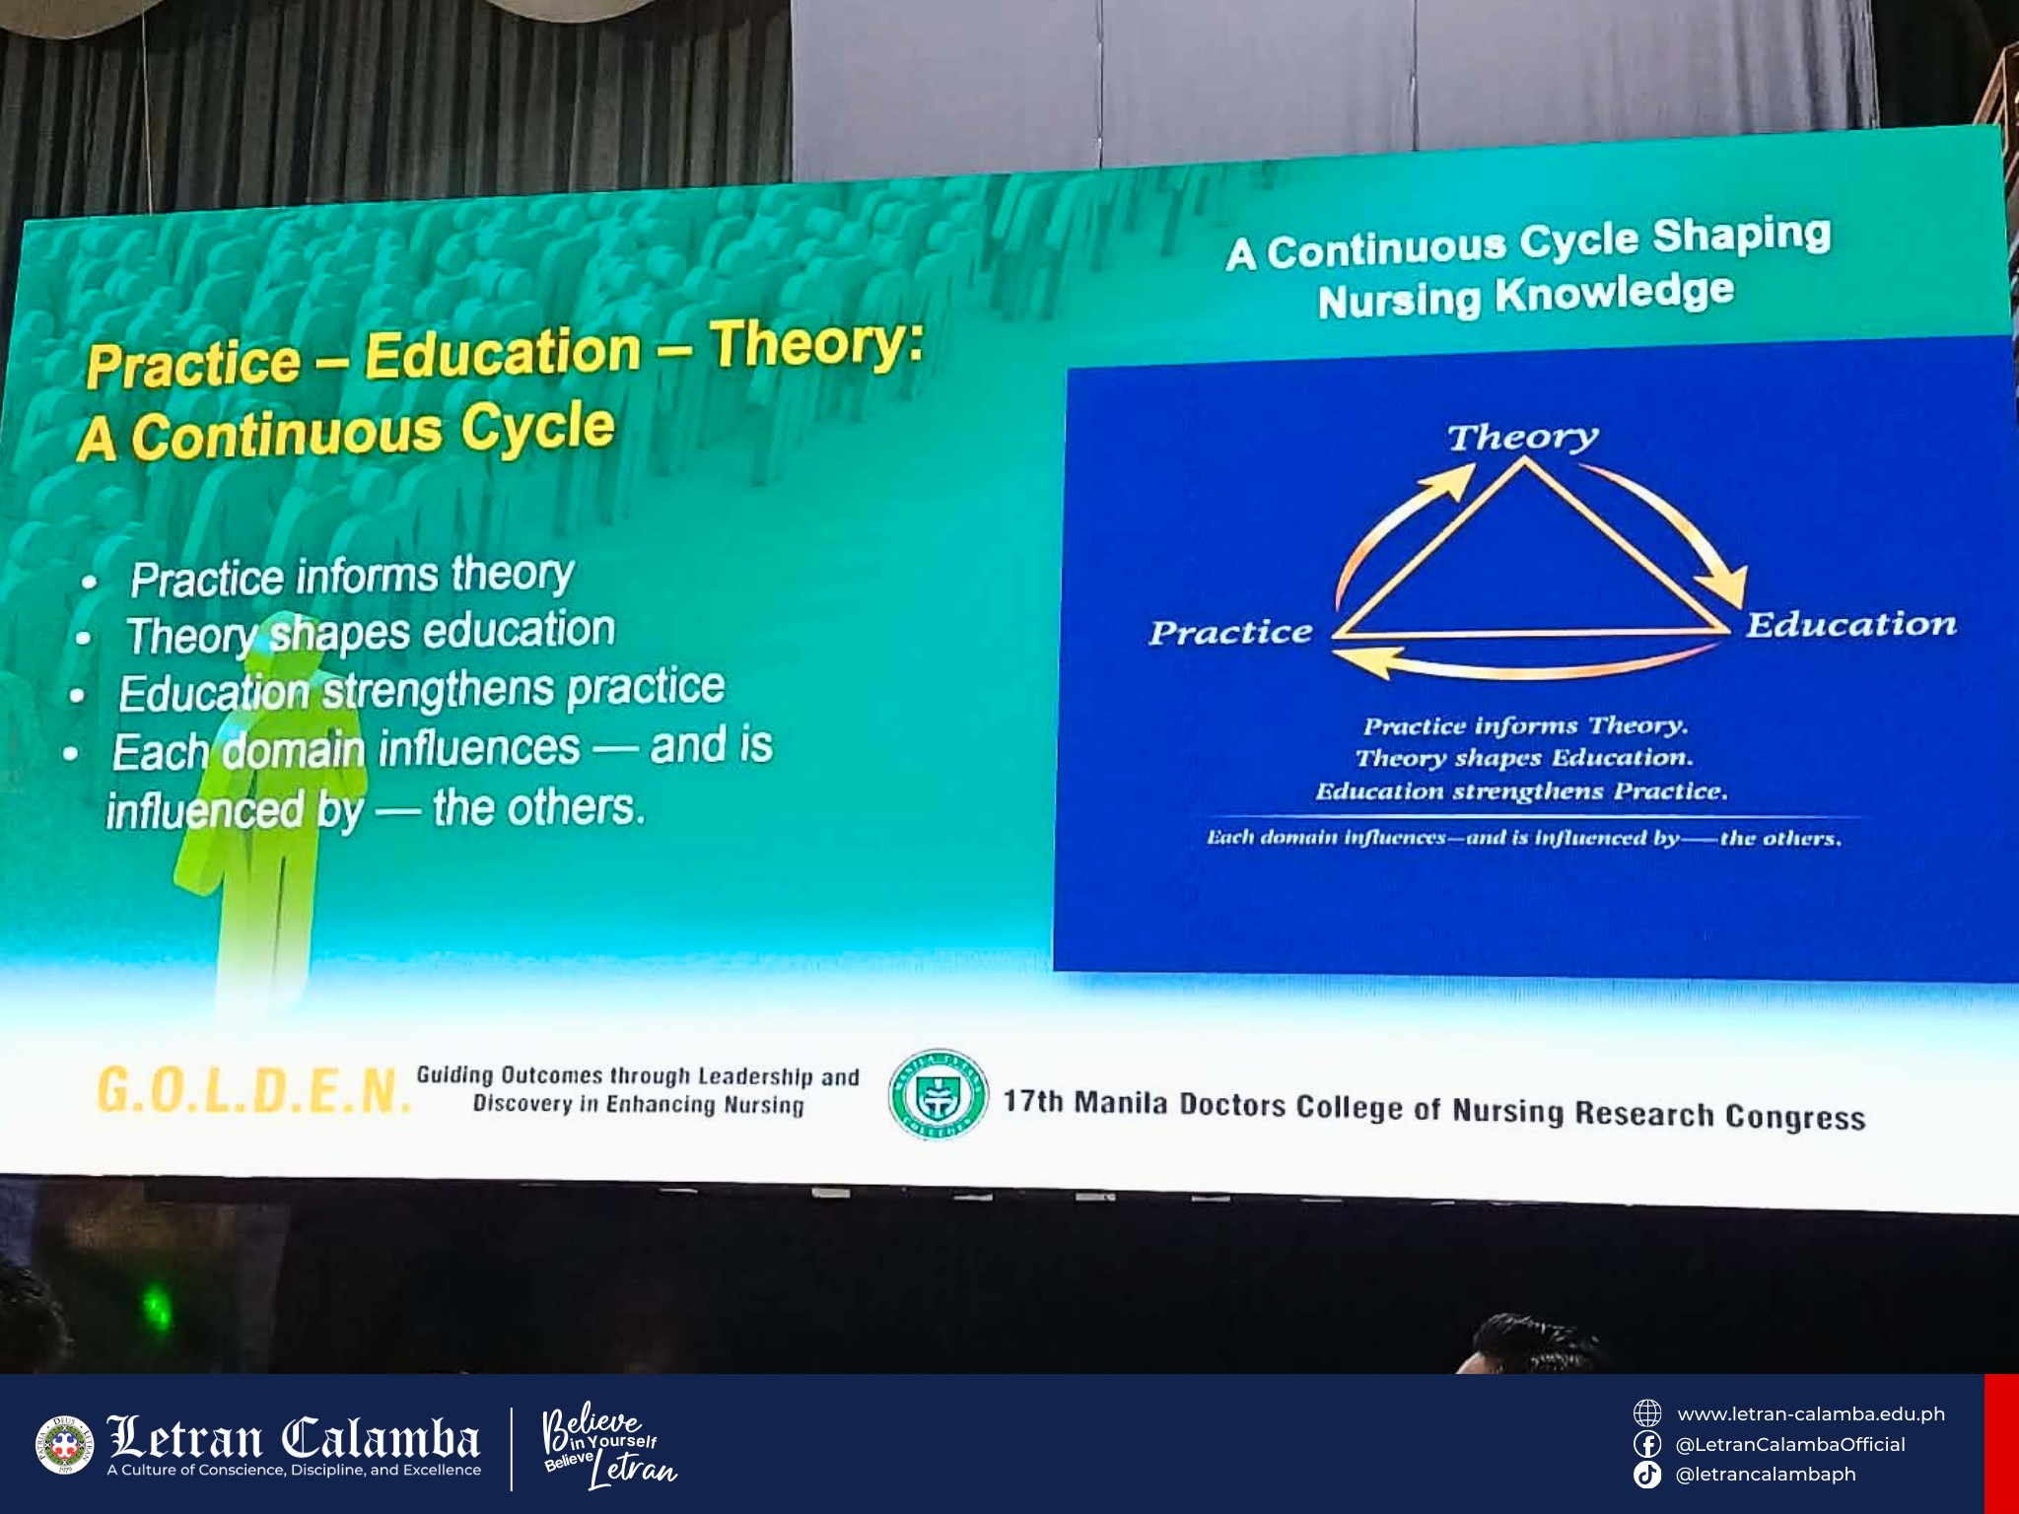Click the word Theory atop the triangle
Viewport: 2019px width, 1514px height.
pyautogui.click(x=1522, y=437)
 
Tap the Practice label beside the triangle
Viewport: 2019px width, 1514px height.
pyautogui.click(x=1230, y=632)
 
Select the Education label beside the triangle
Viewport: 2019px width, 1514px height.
pyautogui.click(x=1851, y=624)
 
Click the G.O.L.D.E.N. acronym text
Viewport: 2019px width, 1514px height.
pyautogui.click(x=254, y=1090)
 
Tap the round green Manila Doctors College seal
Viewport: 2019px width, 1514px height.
pyautogui.click(x=938, y=1095)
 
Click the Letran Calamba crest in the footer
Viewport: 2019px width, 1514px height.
pyautogui.click(x=64, y=1445)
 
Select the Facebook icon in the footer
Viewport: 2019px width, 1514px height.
pyautogui.click(x=1647, y=1444)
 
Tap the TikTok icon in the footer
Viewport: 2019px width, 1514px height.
pyautogui.click(x=1647, y=1475)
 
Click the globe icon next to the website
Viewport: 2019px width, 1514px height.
pyautogui.click(x=1647, y=1413)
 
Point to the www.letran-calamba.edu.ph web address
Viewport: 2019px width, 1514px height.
pyautogui.click(x=1811, y=1414)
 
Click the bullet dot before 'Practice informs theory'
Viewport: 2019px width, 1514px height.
pyautogui.click(x=90, y=583)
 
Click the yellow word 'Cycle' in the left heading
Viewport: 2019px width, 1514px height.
pyautogui.click(x=537, y=429)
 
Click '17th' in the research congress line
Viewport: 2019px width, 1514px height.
pyautogui.click(x=1033, y=1100)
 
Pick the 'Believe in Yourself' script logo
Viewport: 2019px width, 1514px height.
pyautogui.click(x=607, y=1444)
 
